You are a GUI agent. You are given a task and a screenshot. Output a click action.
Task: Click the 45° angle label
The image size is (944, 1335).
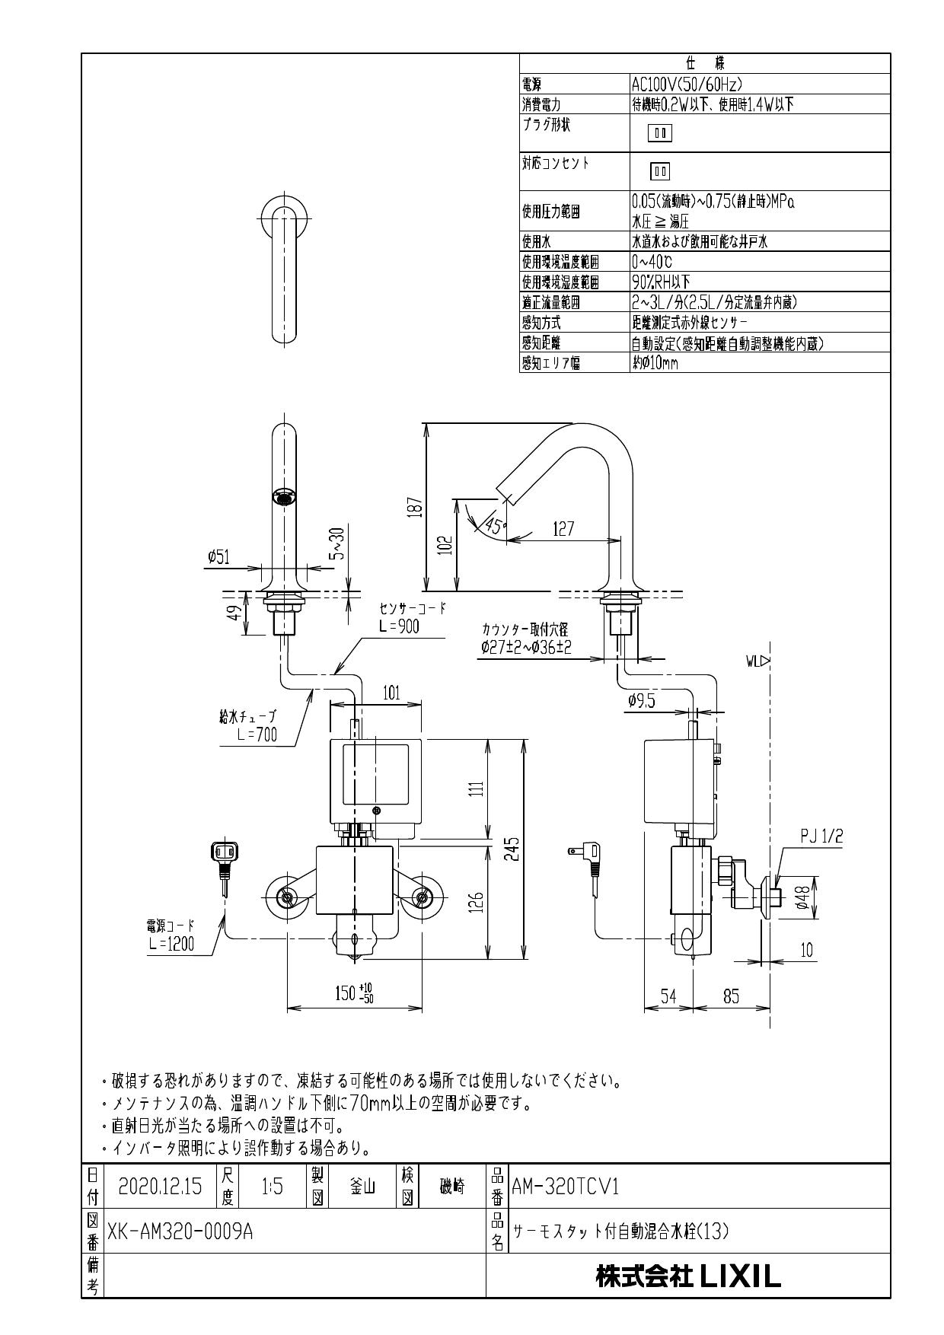point(495,525)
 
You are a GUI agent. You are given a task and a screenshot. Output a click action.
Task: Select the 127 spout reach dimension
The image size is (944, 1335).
point(563,528)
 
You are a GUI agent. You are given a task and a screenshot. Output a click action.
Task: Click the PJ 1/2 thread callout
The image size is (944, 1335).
point(821,837)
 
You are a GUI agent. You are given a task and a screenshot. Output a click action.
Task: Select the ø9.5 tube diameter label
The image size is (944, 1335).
point(642,701)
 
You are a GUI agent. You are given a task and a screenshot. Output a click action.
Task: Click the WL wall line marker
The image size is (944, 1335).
point(760,661)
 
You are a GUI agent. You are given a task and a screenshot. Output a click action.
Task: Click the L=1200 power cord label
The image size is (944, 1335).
point(171,944)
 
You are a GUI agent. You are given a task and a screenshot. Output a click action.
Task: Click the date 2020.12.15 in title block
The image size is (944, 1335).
point(160,1187)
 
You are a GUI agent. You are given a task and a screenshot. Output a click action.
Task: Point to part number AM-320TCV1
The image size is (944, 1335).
point(566,1187)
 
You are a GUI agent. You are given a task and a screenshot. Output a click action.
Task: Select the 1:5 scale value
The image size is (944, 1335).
point(272,1187)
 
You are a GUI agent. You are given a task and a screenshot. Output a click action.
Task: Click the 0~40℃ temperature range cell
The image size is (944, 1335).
point(652,263)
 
